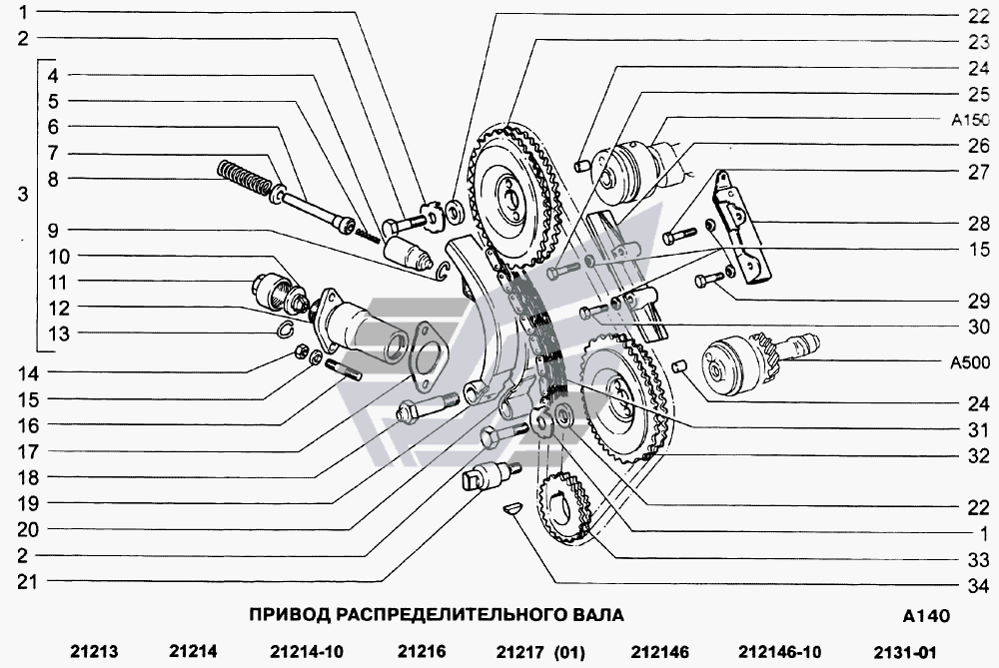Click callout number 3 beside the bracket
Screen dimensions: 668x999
23,196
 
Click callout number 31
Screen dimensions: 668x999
977,430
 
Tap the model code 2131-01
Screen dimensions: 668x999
905,652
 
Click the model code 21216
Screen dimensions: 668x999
421,652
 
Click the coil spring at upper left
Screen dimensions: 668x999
244,179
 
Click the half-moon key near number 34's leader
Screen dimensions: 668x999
510,507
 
